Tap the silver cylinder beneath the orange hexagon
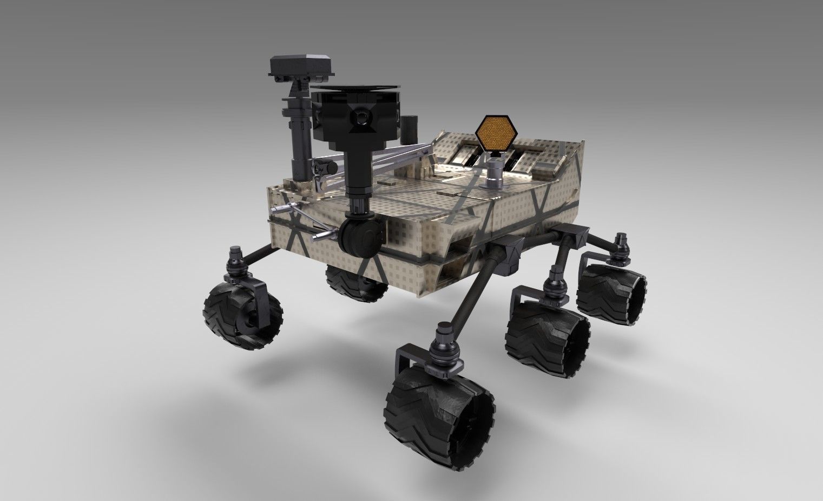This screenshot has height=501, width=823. [x=495, y=175]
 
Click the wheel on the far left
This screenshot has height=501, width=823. [x=243, y=313]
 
